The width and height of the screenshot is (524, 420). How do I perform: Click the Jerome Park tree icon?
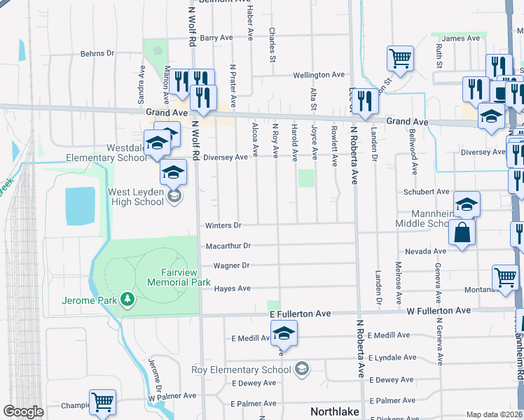tap(127, 300)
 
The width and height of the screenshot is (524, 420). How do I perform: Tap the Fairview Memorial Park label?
tap(179, 277)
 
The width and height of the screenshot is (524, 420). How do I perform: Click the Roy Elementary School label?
tap(241, 370)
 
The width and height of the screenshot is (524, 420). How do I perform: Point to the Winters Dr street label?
tap(223, 225)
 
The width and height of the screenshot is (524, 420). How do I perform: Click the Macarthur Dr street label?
tap(228, 246)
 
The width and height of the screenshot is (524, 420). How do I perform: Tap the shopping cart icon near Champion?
tap(102, 402)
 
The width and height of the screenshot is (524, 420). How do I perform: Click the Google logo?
tap(23, 412)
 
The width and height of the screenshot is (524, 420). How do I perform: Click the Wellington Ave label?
tap(319, 74)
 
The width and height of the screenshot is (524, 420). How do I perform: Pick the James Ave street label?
tap(460, 38)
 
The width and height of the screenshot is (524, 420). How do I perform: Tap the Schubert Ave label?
tap(426, 191)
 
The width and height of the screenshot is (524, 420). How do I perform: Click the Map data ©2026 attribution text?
tap(494, 414)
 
